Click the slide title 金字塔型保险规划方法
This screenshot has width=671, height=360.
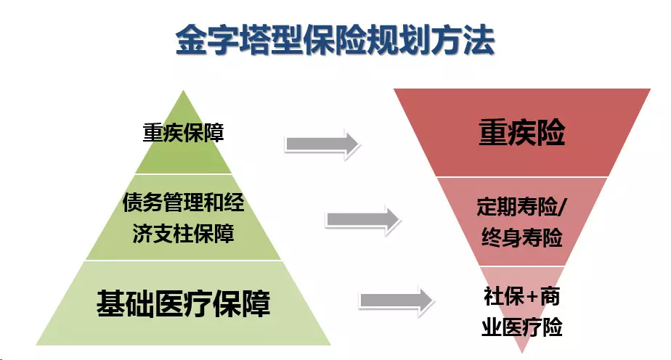pyautogui.click(x=335, y=42)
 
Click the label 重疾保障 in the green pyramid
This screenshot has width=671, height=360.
pyautogui.click(x=182, y=133)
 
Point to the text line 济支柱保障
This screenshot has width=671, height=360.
pyautogui.click(x=183, y=234)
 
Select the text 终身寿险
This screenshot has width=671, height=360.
pyautogui.click(x=521, y=237)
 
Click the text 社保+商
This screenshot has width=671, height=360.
pyautogui.click(x=521, y=297)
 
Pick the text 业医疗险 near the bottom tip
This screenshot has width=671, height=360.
pyautogui.click(x=521, y=327)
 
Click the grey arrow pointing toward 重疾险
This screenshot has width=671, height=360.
pyautogui.click(x=322, y=144)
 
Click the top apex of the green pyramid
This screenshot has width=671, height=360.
pyautogui.click(x=183, y=93)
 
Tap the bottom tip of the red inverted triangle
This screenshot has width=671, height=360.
pyautogui.click(x=521, y=352)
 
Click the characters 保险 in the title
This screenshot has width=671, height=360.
pyautogui.click(x=335, y=42)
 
